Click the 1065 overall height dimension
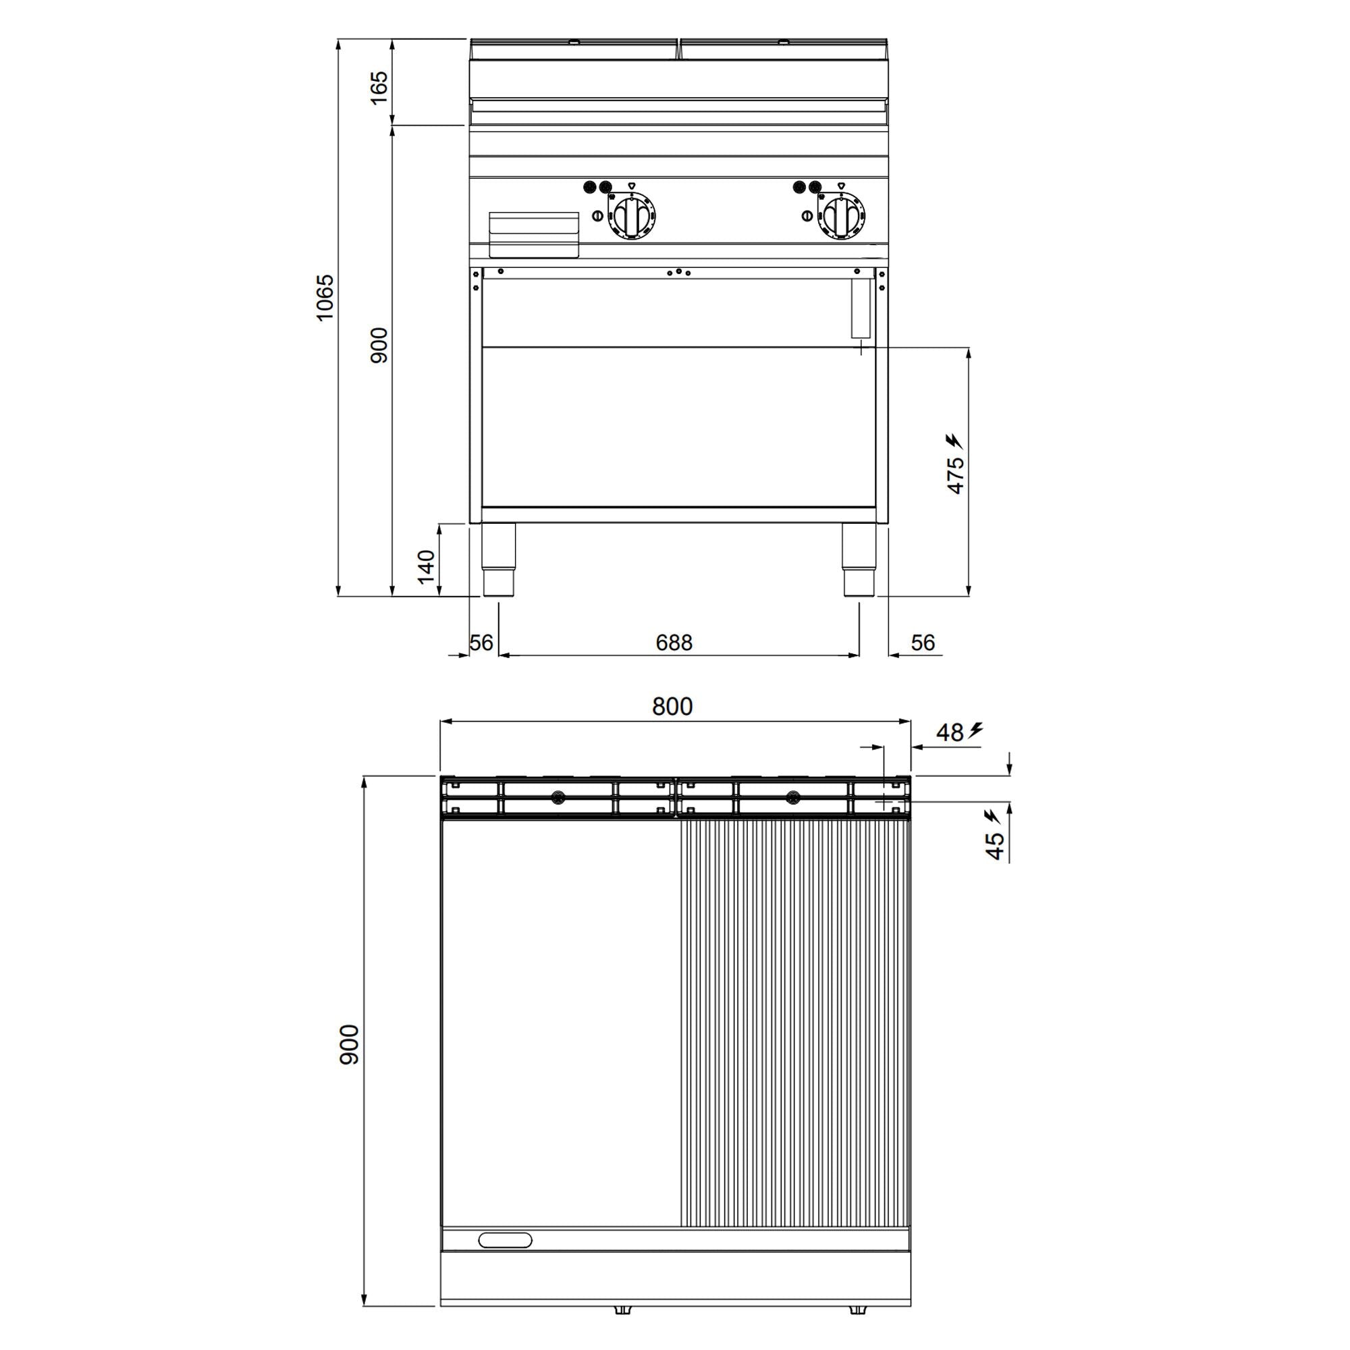pyautogui.click(x=325, y=298)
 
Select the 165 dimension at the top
pyautogui.click(x=379, y=88)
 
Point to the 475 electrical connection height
pyautogui.click(x=955, y=475)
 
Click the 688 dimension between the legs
pyautogui.click(x=674, y=643)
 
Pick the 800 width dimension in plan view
pyautogui.click(x=672, y=707)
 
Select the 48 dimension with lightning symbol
pyautogui.click(x=950, y=732)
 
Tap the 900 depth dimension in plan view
pyautogui.click(x=349, y=1045)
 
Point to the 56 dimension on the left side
pyautogui.click(x=481, y=643)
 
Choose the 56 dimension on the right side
pyautogui.click(x=922, y=643)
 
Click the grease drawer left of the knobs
pyautogui.click(x=534, y=235)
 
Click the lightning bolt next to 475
pyautogui.click(x=953, y=441)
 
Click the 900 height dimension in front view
pyautogui.click(x=379, y=345)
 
